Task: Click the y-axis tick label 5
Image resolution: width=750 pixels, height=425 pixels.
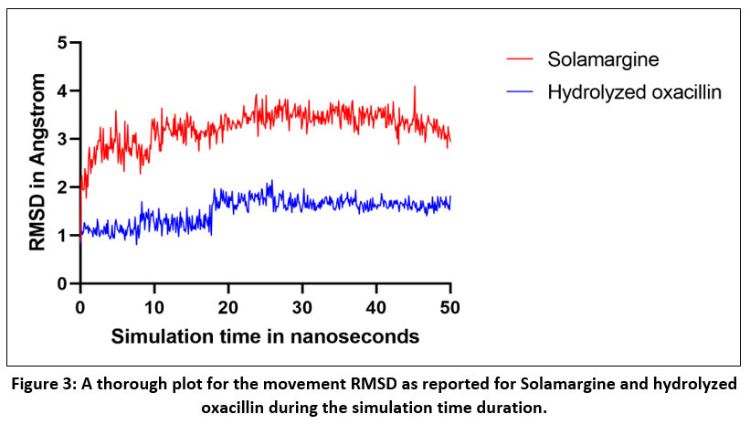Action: [x=62, y=42]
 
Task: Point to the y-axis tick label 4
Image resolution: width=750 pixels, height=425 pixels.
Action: [x=62, y=90]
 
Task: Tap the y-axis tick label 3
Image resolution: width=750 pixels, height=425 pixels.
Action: [x=62, y=139]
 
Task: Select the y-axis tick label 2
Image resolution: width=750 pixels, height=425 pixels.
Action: [x=62, y=187]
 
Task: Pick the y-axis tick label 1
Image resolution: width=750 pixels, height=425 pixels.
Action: [x=62, y=236]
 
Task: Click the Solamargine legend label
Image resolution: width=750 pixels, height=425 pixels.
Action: [x=602, y=60]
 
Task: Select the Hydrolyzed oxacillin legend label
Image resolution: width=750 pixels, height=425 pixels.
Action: [x=635, y=91]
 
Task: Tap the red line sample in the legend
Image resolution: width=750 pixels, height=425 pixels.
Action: [x=521, y=61]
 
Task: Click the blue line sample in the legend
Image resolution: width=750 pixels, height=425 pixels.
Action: [x=521, y=92]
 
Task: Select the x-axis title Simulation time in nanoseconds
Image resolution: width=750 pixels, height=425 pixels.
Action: [x=265, y=336]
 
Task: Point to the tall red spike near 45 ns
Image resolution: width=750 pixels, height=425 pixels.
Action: [x=415, y=89]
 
